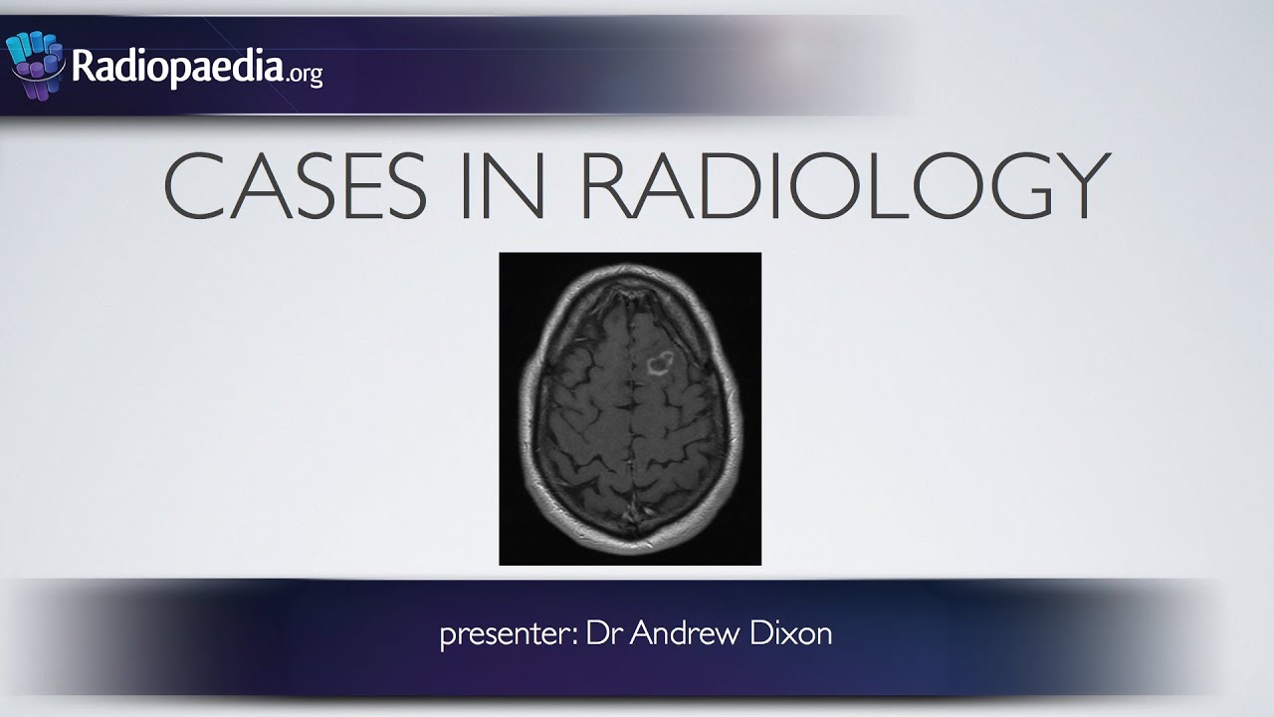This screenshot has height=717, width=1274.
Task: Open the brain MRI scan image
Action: click(x=629, y=408)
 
